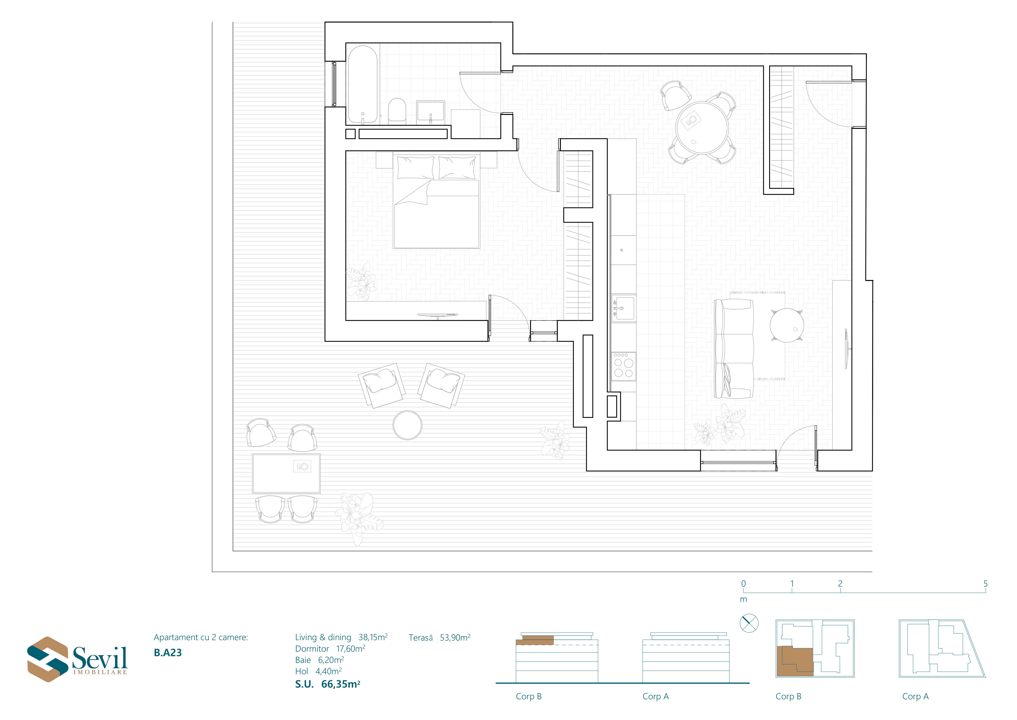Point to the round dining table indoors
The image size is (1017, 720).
point(702,128)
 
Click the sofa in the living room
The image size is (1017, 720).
point(734,349)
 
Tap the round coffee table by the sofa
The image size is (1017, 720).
point(787,326)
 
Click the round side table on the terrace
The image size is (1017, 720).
point(408,425)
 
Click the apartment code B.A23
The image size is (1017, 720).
point(168,653)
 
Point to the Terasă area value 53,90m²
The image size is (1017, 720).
point(455,637)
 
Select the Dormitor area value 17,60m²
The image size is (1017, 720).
point(351,649)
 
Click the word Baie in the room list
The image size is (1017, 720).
point(303,660)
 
